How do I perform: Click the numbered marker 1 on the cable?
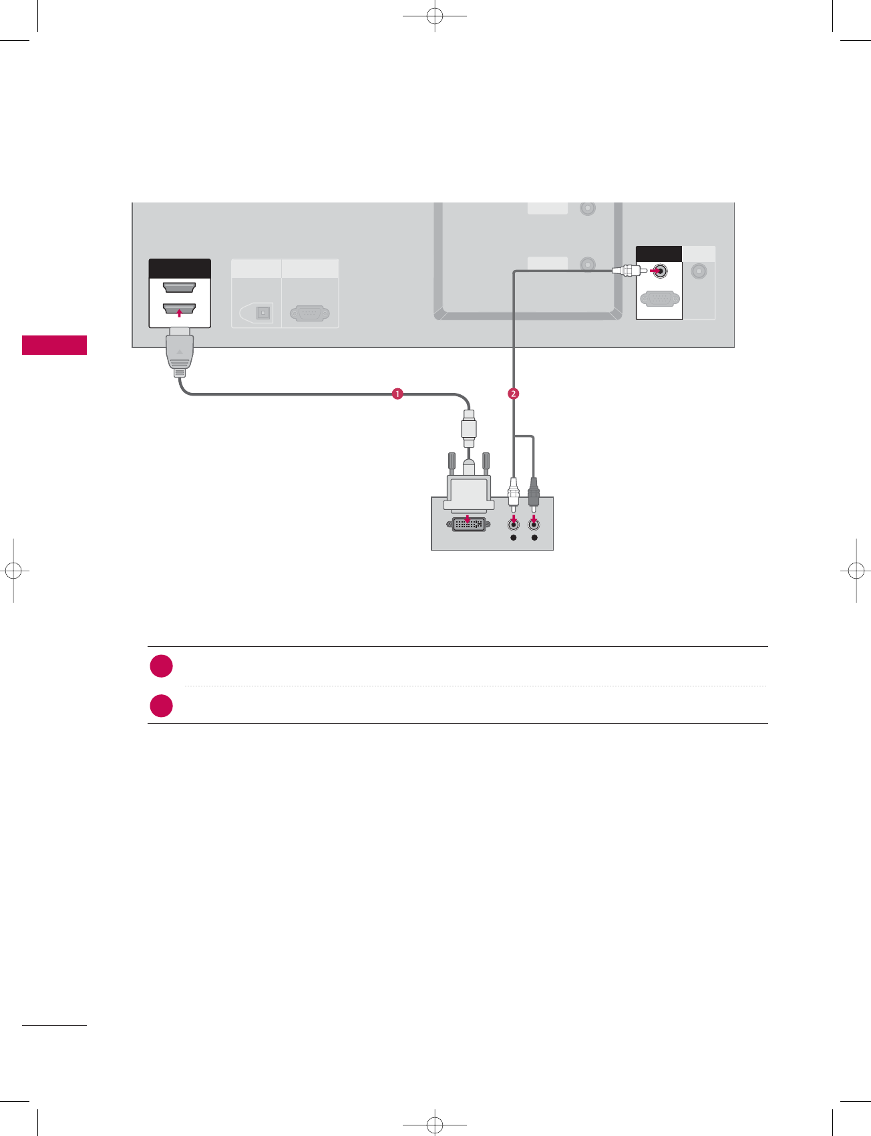pyautogui.click(x=397, y=394)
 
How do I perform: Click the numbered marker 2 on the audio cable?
pyautogui.click(x=513, y=394)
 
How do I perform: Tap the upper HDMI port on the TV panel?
pyautogui.click(x=179, y=288)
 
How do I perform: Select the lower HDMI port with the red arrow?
pyautogui.click(x=179, y=309)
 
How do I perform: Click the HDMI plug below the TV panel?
pyautogui.click(x=180, y=351)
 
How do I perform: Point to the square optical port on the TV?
pyautogui.click(x=263, y=313)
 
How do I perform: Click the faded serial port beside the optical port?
pyautogui.click(x=310, y=313)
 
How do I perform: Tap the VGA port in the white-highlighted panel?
pyautogui.click(x=660, y=299)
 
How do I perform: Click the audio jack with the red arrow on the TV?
pyautogui.click(x=660, y=271)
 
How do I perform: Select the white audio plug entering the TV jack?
pyautogui.click(x=627, y=271)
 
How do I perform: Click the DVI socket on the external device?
pyautogui.click(x=469, y=525)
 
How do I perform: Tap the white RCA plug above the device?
pyautogui.click(x=513, y=492)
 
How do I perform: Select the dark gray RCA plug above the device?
pyautogui.click(x=534, y=492)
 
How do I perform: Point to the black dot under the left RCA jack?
pyautogui.click(x=513, y=538)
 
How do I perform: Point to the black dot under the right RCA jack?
pyautogui.click(x=534, y=538)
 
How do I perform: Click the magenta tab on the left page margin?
pyautogui.click(x=54, y=345)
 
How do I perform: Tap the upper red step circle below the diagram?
pyautogui.click(x=162, y=666)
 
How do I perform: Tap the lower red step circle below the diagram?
pyautogui.click(x=162, y=706)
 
